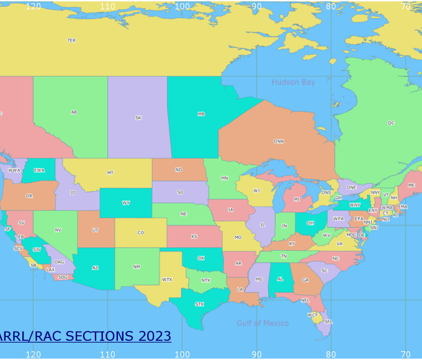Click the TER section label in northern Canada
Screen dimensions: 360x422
[71, 40]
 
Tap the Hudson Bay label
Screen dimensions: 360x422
[293, 82]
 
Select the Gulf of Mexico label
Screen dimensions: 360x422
[263, 323]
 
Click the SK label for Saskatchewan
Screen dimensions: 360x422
[138, 117]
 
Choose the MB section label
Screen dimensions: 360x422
[201, 114]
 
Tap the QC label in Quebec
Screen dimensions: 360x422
[390, 123]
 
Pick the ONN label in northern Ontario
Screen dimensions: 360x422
[279, 142]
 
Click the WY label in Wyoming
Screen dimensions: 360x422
[126, 203]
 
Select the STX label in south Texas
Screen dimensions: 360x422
[199, 304]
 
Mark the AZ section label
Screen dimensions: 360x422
[95, 268]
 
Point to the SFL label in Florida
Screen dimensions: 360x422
[328, 322]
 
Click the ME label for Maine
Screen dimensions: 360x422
[411, 185]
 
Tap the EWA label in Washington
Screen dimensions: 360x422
[39, 170]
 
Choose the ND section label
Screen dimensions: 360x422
[179, 169]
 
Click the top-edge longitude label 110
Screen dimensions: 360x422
[107, 6]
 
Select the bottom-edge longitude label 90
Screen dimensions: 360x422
[256, 354]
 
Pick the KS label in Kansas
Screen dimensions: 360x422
[194, 236]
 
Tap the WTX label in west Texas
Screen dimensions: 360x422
[167, 279]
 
